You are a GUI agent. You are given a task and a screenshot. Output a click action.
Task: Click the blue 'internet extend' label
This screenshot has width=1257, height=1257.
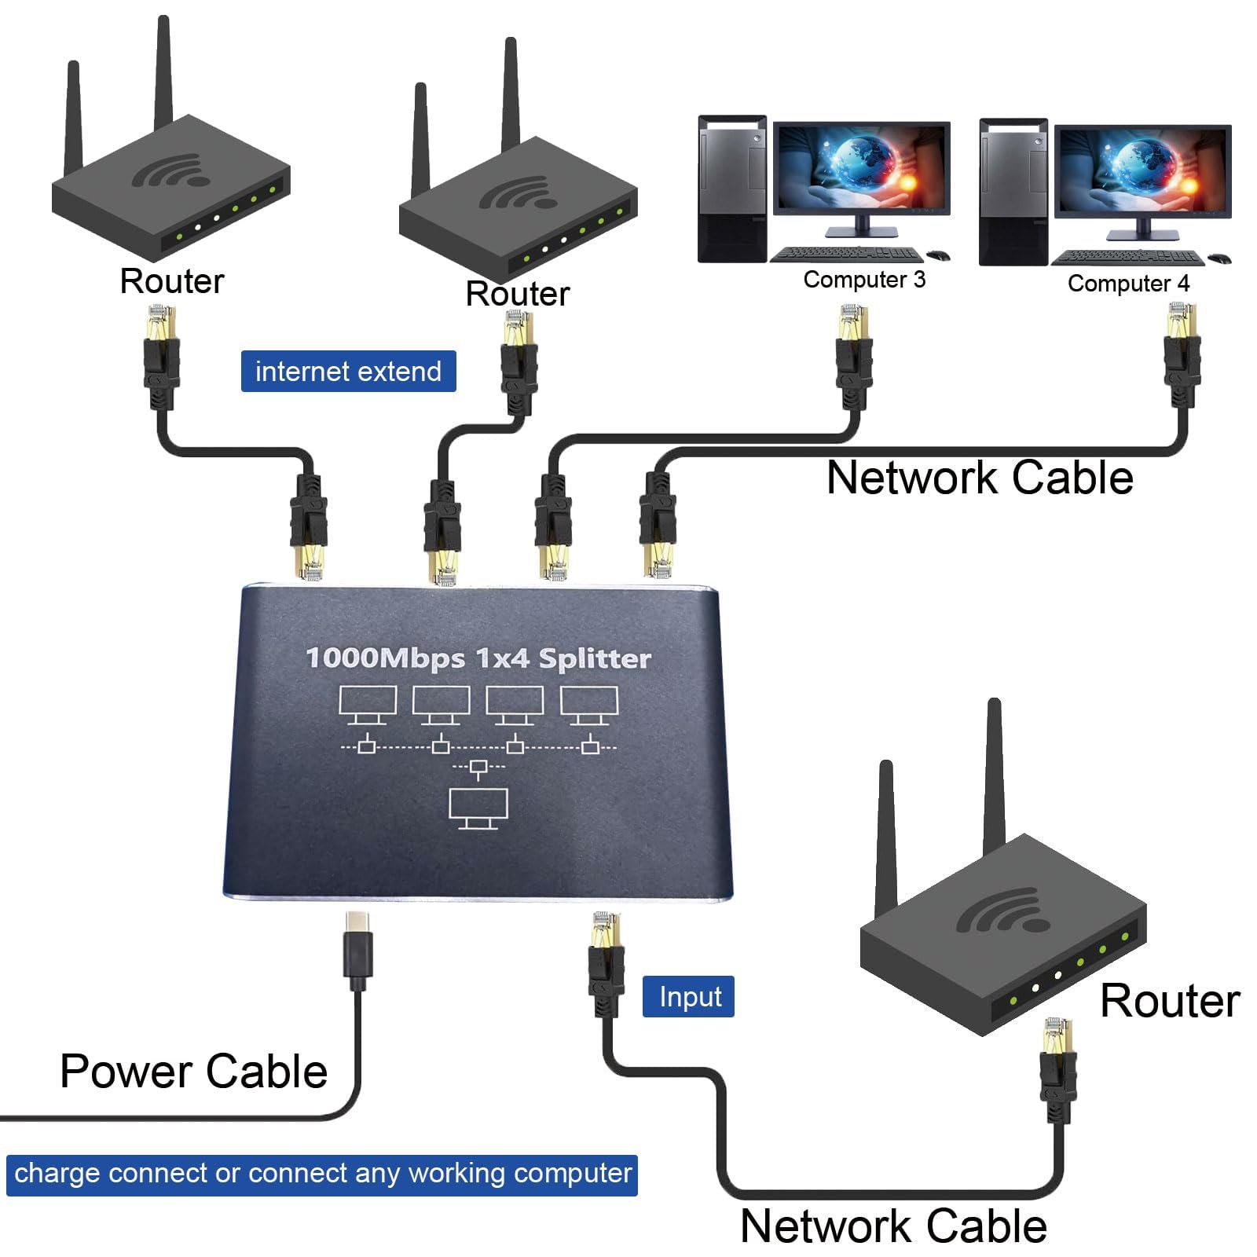pos(348,372)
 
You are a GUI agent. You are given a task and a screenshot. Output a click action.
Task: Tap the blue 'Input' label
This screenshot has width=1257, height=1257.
pos(689,997)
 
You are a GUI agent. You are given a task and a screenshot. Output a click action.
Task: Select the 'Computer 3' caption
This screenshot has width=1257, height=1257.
pos(864,280)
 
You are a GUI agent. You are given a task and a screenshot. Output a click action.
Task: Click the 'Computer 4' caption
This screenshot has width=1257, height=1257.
pos(1128,284)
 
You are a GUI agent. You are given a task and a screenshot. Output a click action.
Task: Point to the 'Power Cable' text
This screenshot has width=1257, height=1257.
pos(193,1072)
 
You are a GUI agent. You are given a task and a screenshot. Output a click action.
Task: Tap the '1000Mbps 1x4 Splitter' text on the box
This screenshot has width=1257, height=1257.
pos(478,658)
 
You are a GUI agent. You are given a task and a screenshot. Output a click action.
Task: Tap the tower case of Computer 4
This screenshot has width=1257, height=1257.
pos(1013,192)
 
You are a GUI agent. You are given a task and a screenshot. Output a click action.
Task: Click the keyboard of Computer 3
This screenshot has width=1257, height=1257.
pos(847,255)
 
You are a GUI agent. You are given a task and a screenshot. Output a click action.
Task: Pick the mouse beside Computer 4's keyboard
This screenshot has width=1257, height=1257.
pos(1219,258)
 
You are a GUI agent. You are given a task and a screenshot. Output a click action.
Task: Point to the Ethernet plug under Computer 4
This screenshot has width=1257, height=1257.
pos(1181,354)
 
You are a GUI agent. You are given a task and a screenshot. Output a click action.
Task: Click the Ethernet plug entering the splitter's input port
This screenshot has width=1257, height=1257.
pos(606,962)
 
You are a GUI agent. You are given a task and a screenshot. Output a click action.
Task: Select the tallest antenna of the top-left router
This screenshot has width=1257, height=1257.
pos(163,75)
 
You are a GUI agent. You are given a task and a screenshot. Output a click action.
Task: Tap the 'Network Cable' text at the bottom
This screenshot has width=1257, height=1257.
pos(893,1226)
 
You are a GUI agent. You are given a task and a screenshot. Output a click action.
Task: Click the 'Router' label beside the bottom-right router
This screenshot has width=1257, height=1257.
pos(1169,1001)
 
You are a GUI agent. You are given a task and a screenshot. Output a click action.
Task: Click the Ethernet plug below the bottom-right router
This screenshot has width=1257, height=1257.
pos(1057,1068)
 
